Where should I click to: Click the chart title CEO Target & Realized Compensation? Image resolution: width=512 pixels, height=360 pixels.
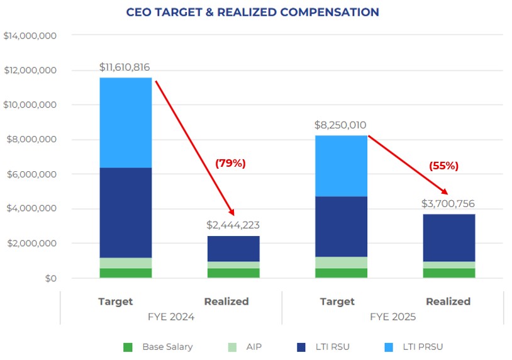pos(252,13)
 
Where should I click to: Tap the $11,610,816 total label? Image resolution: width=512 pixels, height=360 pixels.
pos(125,67)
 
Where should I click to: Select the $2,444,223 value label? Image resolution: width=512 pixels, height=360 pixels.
pos(233,225)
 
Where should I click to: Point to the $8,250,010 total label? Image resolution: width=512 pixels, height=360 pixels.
pos(340,125)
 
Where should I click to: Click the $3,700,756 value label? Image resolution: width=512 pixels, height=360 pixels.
pos(448,203)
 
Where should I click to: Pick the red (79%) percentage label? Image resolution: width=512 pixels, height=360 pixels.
pos(230,164)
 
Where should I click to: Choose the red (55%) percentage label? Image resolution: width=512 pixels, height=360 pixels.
pos(444,166)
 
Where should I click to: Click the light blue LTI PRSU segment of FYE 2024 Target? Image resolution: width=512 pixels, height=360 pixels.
pos(126,123)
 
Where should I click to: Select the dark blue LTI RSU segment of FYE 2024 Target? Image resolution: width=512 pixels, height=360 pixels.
pos(126,213)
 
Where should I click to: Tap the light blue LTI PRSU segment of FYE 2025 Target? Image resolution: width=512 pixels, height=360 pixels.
pos(341,166)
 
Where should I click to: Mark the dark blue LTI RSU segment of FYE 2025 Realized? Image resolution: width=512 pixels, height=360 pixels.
pos(448,238)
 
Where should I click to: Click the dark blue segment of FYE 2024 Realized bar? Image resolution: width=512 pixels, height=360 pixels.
pos(233,249)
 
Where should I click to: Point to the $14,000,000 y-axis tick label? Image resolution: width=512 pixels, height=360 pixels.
pos(30,37)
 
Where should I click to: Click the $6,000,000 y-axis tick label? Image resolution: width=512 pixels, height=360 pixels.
pos(30,174)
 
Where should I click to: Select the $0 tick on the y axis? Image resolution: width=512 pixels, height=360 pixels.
pos(50,278)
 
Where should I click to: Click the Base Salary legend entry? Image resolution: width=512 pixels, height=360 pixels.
pos(159,347)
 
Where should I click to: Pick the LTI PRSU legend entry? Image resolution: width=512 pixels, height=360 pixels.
pos(418,347)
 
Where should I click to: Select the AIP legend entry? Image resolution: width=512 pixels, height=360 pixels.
pos(246,347)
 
